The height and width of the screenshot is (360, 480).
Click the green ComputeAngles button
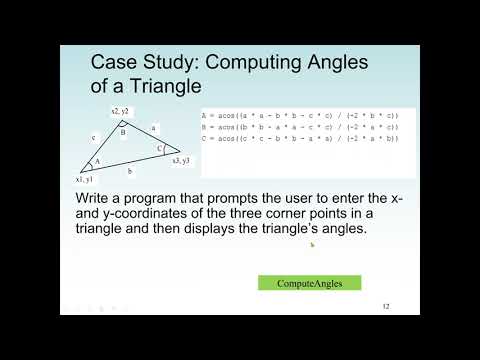pos(309,283)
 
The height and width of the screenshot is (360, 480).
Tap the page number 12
pos(385,306)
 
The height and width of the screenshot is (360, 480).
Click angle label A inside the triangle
pos(97,161)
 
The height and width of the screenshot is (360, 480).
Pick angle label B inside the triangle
pos(122,131)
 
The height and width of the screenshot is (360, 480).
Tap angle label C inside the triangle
pos(159,148)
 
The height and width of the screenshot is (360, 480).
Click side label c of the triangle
pos(93,139)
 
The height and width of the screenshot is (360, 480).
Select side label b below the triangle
pos(129,172)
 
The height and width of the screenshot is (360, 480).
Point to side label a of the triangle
pos(153,128)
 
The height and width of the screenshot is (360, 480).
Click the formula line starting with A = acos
pos(300,116)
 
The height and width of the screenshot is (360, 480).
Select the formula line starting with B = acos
pos(300,127)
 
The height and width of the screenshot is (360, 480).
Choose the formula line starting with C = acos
pos(300,138)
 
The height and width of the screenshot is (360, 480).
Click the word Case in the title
pos(112,63)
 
